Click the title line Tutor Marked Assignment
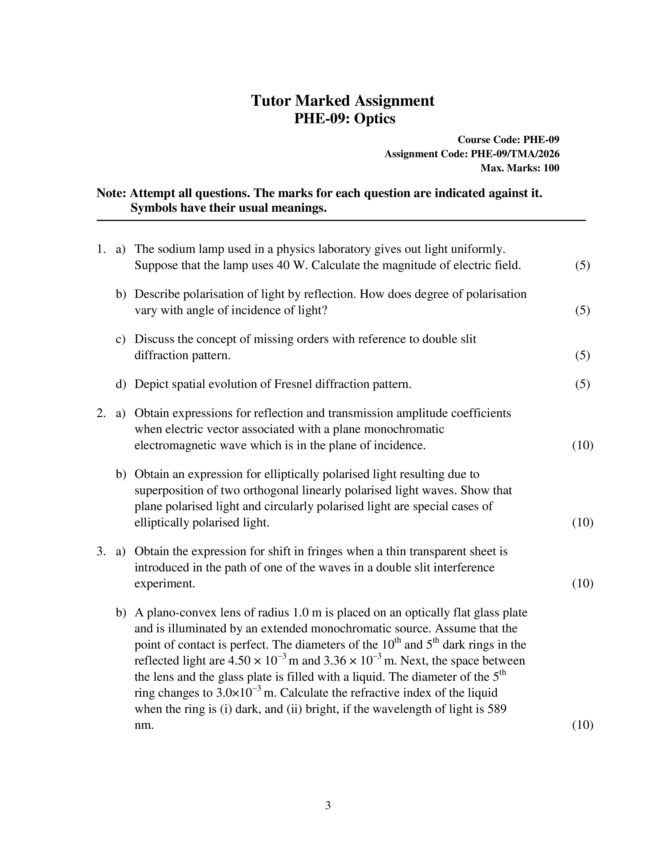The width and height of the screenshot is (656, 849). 342,101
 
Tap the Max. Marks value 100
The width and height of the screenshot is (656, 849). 551,168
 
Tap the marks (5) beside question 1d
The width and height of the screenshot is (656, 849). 582,384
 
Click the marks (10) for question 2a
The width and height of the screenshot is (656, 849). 582,445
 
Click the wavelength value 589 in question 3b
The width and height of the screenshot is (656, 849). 496,709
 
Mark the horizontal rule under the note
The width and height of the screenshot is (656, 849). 341,220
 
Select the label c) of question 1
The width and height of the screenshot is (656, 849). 120,339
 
